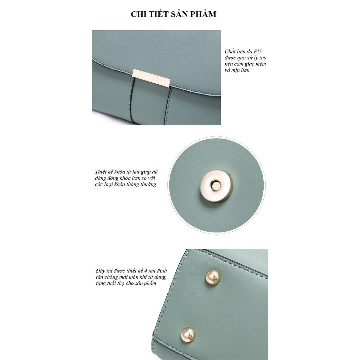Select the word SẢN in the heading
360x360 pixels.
tap(180, 14)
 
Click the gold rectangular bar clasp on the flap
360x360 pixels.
tap(152, 78)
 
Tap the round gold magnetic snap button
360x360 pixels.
tap(216, 186)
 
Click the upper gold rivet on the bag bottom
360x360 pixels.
tap(212, 277)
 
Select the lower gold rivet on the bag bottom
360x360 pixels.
tap(188, 335)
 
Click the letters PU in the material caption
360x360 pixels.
tap(257, 51)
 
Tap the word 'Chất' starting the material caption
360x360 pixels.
tap(230, 51)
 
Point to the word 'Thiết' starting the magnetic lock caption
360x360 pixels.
tap(101, 172)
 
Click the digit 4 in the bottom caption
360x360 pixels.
tap(149, 271)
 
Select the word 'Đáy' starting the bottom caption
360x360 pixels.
tap(100, 271)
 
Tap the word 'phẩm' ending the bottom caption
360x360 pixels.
tap(150, 283)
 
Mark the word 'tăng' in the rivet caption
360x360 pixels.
tap(101, 283)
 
